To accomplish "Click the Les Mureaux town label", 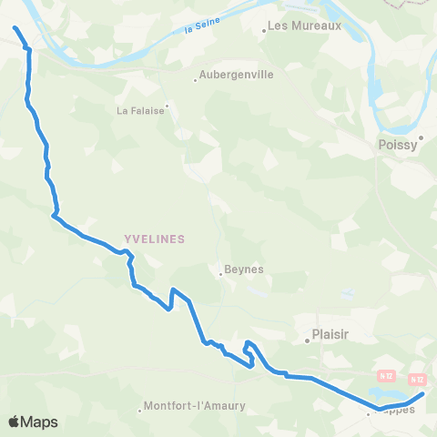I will click(304, 25).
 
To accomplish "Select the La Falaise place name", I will click(138, 111).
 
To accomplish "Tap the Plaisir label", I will click(331, 334).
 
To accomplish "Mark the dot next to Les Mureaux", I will click(264, 31).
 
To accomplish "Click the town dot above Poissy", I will click(421, 137).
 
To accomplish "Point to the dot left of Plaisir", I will click(308, 341).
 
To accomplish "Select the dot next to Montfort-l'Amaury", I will click(140, 409).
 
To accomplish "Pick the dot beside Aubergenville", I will click(195, 81).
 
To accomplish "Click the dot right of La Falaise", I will click(167, 105).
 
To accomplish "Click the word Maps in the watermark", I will click(39, 422).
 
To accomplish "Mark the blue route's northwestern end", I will click(15, 28).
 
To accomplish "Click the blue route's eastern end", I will click(423, 394).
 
